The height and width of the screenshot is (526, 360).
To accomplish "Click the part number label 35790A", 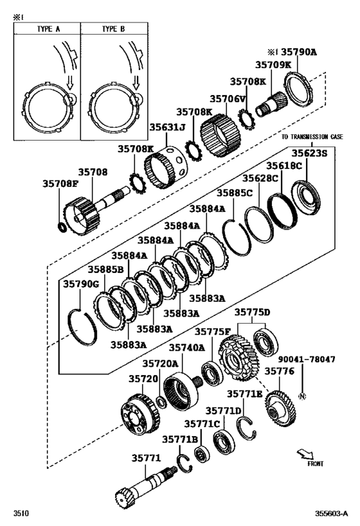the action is click(298, 51).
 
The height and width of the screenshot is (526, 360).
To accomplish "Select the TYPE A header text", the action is click(48, 29).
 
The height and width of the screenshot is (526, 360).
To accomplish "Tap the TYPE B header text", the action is click(113, 29).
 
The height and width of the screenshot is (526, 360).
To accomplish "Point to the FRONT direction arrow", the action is click(305, 454).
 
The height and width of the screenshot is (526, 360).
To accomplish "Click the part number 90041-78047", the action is click(306, 359).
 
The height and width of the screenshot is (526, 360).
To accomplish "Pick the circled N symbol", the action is click(302, 396).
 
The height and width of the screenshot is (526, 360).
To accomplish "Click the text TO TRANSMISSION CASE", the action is click(312, 137).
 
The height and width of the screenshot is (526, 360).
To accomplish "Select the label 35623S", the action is click(309, 153).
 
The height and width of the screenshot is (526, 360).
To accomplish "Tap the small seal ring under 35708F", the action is click(62, 227).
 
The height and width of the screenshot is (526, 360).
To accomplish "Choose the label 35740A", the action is click(186, 347).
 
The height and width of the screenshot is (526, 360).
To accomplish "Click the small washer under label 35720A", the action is click(161, 401).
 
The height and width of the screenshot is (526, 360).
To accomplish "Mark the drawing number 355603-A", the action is click(331, 513).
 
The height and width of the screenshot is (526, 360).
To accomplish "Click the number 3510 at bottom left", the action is click(21, 513).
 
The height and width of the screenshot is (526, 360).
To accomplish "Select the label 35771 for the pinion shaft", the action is click(146, 458).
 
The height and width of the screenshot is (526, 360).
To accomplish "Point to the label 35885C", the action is click(235, 193).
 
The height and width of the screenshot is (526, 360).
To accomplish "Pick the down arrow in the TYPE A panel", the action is click(70, 82).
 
